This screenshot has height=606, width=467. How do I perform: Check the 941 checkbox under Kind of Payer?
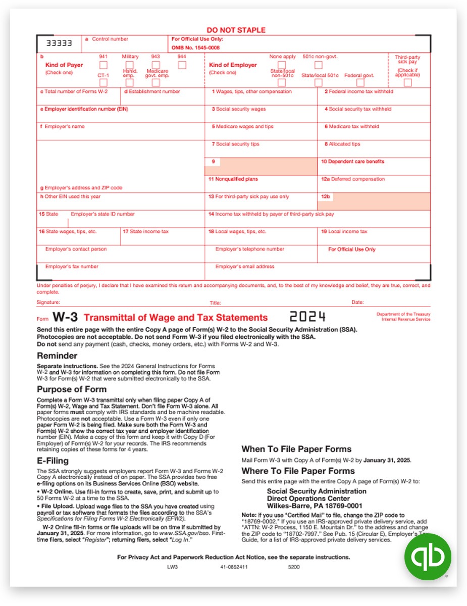point(103,65)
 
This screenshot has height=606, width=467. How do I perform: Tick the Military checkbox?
point(130,65)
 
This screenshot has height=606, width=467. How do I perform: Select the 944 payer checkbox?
point(182,65)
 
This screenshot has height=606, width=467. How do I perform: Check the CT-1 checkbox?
point(103,82)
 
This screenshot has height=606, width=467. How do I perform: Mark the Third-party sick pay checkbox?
point(407,82)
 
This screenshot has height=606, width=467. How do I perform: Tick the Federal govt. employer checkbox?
point(360,82)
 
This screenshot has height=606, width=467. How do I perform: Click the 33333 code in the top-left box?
point(56,43)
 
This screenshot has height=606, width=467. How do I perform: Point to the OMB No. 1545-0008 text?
point(195,47)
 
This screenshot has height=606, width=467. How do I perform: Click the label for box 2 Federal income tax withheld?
point(358,91)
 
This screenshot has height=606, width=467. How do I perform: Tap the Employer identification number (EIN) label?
point(80,109)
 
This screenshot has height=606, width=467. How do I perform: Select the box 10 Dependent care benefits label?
point(352,162)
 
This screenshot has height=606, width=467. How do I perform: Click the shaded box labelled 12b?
point(374,201)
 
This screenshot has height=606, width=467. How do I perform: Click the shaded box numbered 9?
point(261,166)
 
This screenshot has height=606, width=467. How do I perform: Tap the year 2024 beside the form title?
point(307,317)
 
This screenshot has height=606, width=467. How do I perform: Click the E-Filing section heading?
point(53,461)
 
